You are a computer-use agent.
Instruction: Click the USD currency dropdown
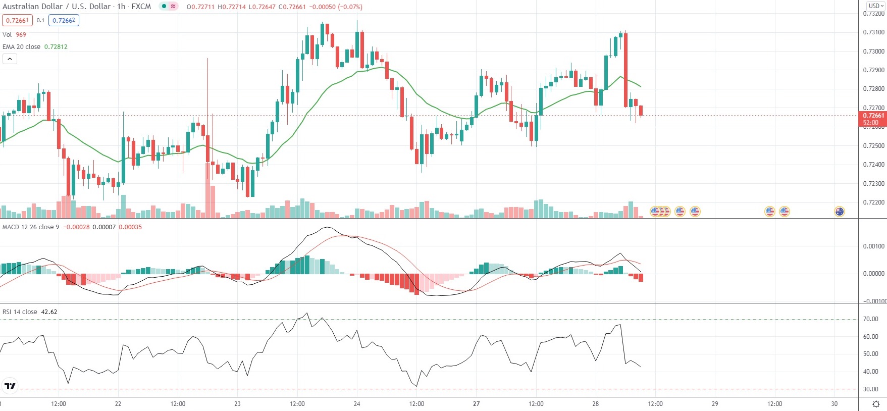point(876,6)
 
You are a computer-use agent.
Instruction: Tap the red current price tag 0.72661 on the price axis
point(872,118)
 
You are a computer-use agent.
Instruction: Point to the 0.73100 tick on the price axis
point(873,32)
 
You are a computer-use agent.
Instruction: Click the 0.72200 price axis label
point(873,202)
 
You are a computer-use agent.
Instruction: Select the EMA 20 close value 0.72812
point(56,47)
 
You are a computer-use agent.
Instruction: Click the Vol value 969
point(21,35)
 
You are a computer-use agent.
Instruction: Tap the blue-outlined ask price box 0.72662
point(64,20)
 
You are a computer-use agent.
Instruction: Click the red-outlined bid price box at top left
point(17,20)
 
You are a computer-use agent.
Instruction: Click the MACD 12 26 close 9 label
point(31,227)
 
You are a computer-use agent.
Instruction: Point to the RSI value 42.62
point(49,312)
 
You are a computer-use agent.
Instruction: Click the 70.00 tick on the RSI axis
point(871,319)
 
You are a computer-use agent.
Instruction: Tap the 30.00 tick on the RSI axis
point(871,389)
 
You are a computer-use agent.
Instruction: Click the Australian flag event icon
point(840,212)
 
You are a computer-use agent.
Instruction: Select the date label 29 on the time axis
point(715,404)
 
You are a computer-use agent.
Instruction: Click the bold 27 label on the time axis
point(476,404)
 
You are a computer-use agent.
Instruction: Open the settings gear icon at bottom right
point(876,404)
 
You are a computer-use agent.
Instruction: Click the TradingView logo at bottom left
point(10,386)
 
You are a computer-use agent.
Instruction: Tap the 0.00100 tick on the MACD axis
point(873,246)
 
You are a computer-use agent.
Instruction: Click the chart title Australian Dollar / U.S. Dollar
point(57,7)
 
